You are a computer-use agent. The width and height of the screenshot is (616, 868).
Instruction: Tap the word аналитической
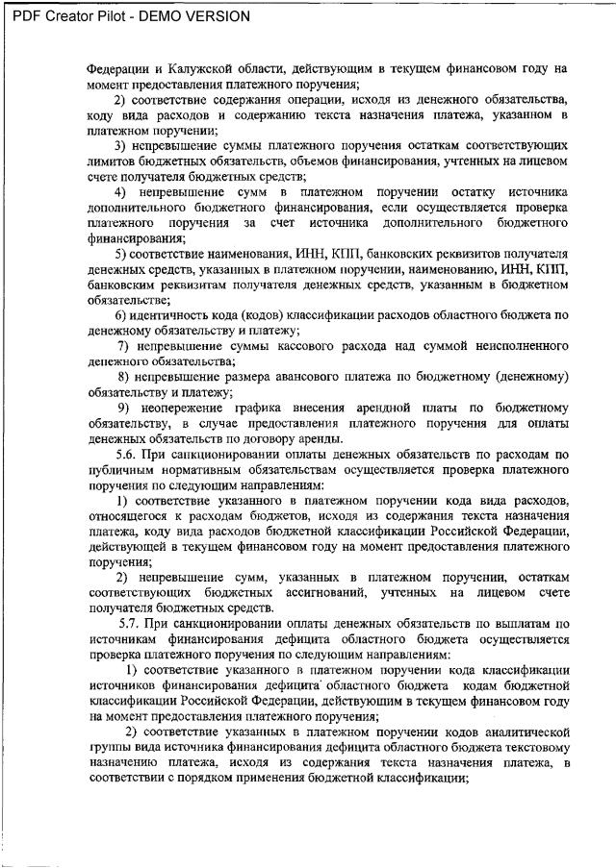point(524,731)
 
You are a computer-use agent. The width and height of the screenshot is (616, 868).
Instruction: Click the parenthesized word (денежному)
point(525,376)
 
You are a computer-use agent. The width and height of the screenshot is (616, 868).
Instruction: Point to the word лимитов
point(111,161)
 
